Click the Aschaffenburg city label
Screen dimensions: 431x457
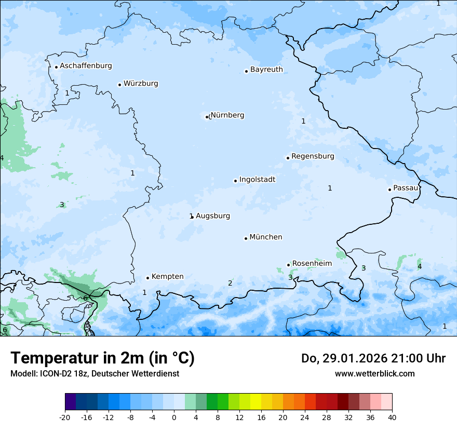coord(86,66)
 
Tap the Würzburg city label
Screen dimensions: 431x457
coord(141,84)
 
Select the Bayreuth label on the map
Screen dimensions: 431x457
coord(266,70)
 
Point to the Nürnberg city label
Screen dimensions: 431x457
coord(227,115)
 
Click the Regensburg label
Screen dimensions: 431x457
coord(313,156)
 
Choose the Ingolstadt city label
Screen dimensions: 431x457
coord(257,180)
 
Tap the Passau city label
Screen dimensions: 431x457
coord(406,188)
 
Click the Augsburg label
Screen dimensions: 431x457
coord(213,216)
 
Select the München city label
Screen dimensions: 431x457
coord(266,237)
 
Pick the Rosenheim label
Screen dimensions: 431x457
coord(312,264)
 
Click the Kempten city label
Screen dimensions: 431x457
coord(167,277)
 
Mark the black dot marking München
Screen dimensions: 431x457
coord(246,238)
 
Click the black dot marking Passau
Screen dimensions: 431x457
coord(389,190)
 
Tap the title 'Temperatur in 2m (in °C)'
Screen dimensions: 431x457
coord(102,358)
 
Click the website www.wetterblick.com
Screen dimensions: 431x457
coord(374,373)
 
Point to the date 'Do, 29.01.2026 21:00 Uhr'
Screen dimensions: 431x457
coord(373,358)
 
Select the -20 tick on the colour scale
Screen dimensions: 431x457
coord(65,417)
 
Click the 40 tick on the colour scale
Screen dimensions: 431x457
coord(392,417)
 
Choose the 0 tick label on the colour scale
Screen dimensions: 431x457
coord(174,417)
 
